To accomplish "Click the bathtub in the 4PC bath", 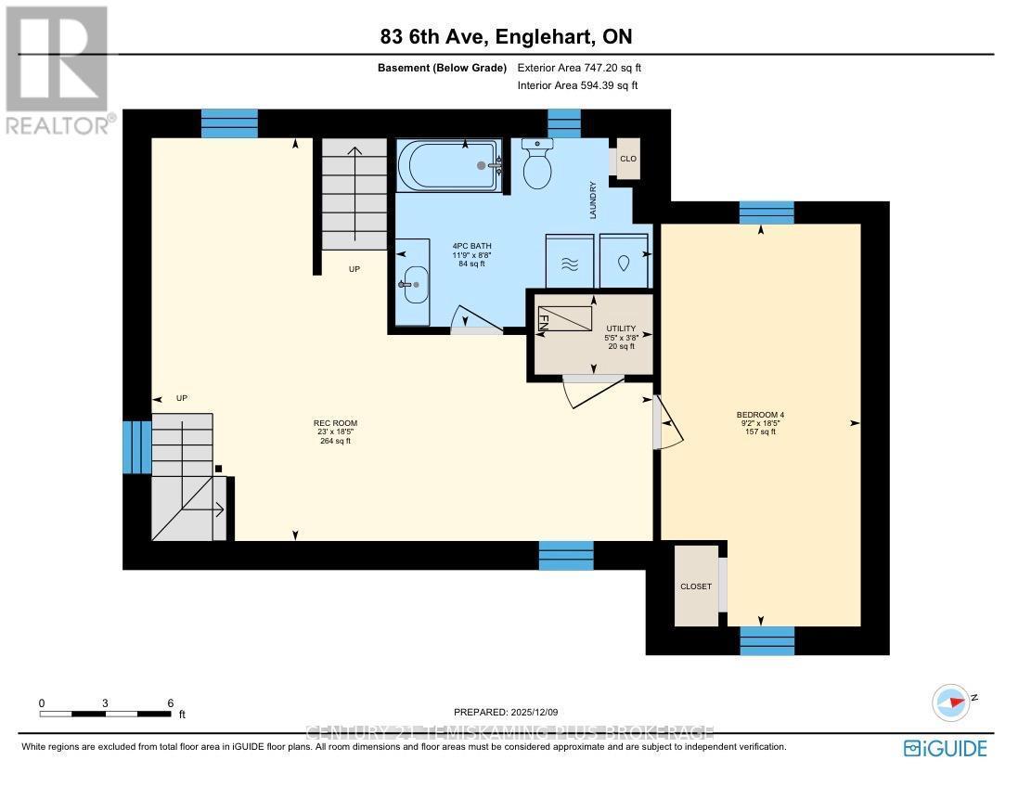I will click(449, 166).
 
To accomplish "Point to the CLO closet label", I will click(628, 159).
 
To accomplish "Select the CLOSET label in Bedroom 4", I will click(696, 586).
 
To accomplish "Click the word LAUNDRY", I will click(591, 200).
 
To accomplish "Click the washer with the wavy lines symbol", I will click(571, 262).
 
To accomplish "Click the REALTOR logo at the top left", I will click(58, 71).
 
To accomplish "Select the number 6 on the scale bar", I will click(171, 703).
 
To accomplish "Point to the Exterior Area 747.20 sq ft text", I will click(579, 68).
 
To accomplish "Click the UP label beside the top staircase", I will click(354, 269).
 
